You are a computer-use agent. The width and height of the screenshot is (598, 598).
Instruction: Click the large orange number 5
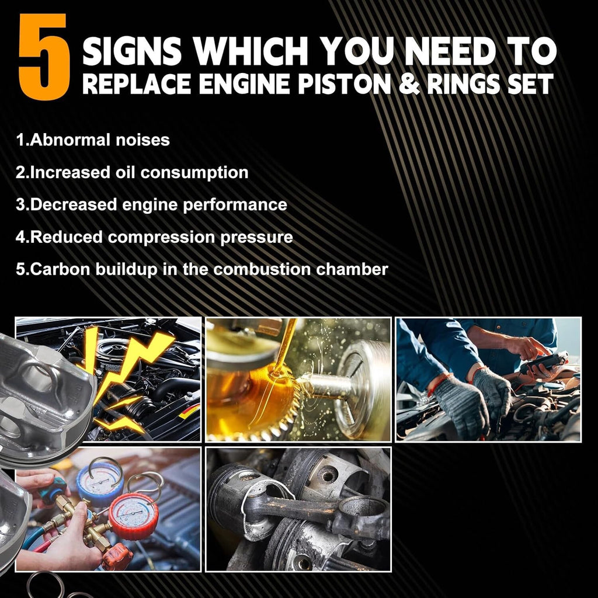tap(44, 56)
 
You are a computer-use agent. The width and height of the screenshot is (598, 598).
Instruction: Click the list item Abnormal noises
tap(93, 140)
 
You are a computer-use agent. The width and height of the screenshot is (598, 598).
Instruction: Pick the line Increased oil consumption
tap(132, 173)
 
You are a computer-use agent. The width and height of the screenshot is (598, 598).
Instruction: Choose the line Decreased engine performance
tap(151, 205)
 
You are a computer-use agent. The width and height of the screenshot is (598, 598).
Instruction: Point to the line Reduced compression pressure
tap(154, 237)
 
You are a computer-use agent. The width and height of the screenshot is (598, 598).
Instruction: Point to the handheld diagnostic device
tap(543, 363)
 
